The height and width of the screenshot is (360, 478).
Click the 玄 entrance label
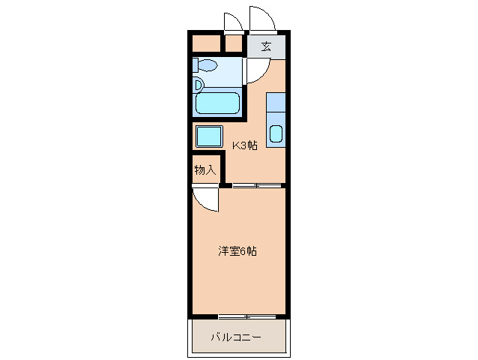pos(267,46)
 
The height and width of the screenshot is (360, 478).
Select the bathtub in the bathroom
pos(218,103)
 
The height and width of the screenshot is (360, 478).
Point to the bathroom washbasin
pos(198,85)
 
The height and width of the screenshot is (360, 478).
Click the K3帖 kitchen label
pos(245,145)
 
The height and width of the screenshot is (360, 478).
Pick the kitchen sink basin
pos(276,134)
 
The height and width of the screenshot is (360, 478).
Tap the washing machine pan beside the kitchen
pos(209,136)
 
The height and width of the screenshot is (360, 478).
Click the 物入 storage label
pos(205,169)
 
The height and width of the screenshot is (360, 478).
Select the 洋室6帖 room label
pos(238,251)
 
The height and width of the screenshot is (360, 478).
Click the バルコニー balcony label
pos(236,337)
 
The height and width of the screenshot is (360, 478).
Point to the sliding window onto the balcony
pos(247,317)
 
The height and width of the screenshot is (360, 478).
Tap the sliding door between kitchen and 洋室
pos(257,185)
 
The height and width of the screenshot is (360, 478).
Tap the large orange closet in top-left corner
pos(206,43)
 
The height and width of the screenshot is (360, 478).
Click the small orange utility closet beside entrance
pos(234,43)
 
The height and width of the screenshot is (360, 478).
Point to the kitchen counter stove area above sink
pos(276,102)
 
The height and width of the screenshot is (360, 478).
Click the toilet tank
pos(195,65)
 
